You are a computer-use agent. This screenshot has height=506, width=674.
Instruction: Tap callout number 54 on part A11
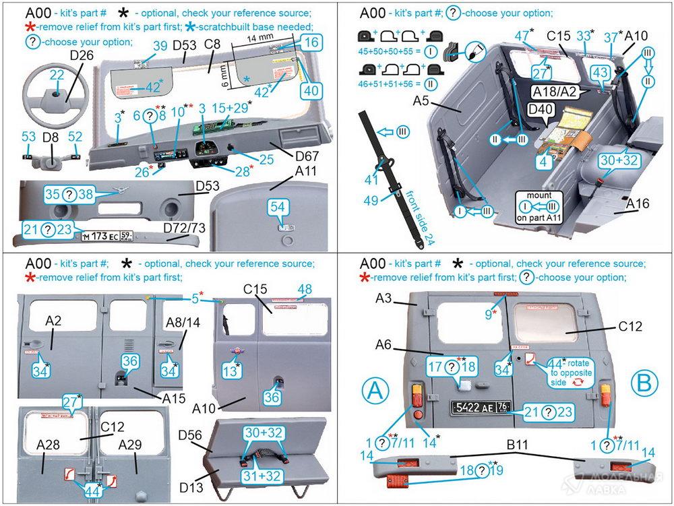point(278,207)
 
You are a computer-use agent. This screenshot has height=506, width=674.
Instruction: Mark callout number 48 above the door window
point(305,289)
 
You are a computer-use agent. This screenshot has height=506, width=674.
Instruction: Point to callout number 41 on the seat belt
point(371,180)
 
